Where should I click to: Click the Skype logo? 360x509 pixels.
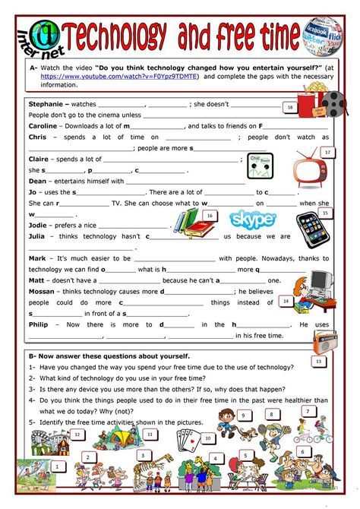(x=253, y=220)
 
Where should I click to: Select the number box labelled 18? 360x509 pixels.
(x=289, y=108)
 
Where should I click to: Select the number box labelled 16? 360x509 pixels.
(x=209, y=216)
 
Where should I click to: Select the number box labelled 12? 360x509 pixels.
(x=77, y=434)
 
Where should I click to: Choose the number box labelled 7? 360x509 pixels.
(x=308, y=410)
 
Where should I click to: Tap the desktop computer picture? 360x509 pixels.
(x=318, y=286)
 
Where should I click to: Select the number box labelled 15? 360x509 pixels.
(x=325, y=213)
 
